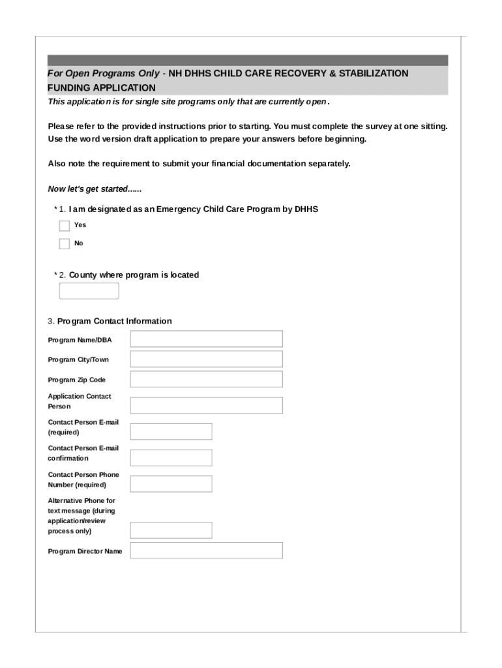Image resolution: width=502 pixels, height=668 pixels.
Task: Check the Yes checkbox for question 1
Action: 64,226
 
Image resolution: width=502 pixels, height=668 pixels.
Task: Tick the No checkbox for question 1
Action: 64,244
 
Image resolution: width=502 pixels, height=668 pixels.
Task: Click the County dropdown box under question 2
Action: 89,291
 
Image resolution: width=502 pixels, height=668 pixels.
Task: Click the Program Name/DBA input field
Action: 206,339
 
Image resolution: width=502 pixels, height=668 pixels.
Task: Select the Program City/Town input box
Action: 206,359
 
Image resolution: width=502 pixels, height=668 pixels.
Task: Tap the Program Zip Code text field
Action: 206,379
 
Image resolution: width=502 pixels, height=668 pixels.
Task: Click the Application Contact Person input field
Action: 206,405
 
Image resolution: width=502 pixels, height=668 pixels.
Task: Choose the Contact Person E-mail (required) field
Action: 171,431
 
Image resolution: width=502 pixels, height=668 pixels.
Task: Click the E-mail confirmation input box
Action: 171,457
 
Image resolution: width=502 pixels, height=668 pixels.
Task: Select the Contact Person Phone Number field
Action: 171,483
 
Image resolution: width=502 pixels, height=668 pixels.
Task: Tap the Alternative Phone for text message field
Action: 171,530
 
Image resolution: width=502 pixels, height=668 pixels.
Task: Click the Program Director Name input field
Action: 206,551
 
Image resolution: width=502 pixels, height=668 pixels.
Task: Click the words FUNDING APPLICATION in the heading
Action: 102,88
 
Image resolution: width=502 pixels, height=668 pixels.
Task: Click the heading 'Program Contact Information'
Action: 115,321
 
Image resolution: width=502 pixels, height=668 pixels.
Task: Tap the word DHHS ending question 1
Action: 306,209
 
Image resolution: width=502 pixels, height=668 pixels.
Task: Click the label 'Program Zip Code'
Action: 76,380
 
